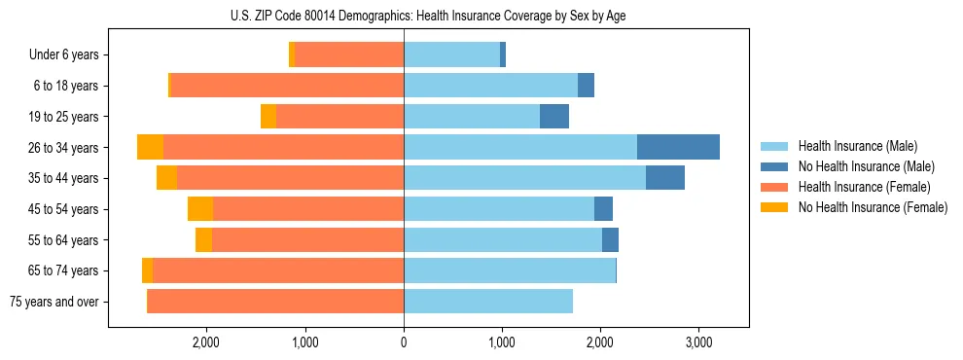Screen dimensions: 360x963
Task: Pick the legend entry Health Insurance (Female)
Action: click(858, 187)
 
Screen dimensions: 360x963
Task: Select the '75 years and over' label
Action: click(54, 302)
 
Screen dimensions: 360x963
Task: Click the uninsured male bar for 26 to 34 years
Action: click(678, 147)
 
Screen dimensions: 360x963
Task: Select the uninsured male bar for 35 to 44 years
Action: click(664, 178)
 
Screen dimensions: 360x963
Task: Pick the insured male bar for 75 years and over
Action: click(488, 302)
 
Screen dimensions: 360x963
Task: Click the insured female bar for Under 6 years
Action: click(349, 55)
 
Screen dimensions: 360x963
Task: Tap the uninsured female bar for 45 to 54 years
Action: click(200, 209)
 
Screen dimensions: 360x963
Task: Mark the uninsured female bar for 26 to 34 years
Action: click(150, 147)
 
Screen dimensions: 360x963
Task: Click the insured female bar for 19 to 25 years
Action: click(339, 117)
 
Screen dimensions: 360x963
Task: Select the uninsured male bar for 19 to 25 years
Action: click(554, 117)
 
